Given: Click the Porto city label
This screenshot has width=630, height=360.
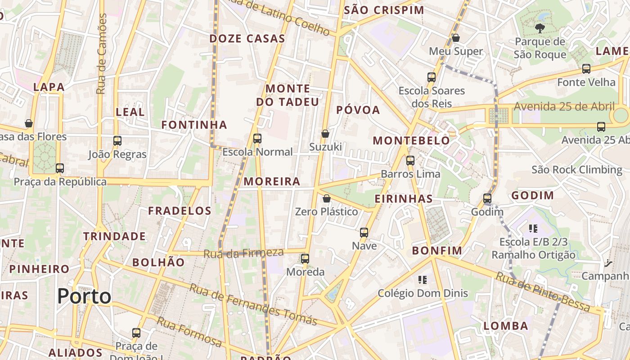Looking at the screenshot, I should (84, 296).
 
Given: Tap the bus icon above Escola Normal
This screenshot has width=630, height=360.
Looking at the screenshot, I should (257, 139).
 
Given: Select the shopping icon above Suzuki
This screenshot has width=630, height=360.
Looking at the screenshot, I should (325, 134).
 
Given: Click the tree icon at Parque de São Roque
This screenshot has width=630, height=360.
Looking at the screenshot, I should (540, 29).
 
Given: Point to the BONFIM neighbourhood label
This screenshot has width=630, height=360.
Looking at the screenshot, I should (437, 250).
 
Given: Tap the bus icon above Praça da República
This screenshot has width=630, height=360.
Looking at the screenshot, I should (60, 168).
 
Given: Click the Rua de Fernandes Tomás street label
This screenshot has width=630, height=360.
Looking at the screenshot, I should (253, 305).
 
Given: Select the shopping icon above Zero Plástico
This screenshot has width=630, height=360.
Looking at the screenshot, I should (327, 198).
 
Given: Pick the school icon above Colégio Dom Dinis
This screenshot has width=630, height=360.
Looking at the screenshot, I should (422, 280).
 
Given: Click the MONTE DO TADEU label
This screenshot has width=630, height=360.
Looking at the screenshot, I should (288, 95).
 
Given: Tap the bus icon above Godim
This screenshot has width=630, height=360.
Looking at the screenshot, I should (487, 198).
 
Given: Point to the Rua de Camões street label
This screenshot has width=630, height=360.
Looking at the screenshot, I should (102, 54).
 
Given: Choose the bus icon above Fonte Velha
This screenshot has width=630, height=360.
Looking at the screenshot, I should (586, 69).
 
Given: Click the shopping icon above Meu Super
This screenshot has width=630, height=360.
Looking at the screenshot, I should (456, 38).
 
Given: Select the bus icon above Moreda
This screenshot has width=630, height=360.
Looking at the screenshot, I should (305, 258).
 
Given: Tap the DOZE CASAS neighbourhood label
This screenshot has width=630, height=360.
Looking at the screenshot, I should (247, 39).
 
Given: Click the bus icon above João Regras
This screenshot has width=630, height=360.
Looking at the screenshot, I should (117, 141).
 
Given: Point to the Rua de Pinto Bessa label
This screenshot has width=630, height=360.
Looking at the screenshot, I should (543, 291).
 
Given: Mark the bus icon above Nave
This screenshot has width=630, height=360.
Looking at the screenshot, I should (364, 233).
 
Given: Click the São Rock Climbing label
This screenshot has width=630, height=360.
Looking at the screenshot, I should (577, 170).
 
